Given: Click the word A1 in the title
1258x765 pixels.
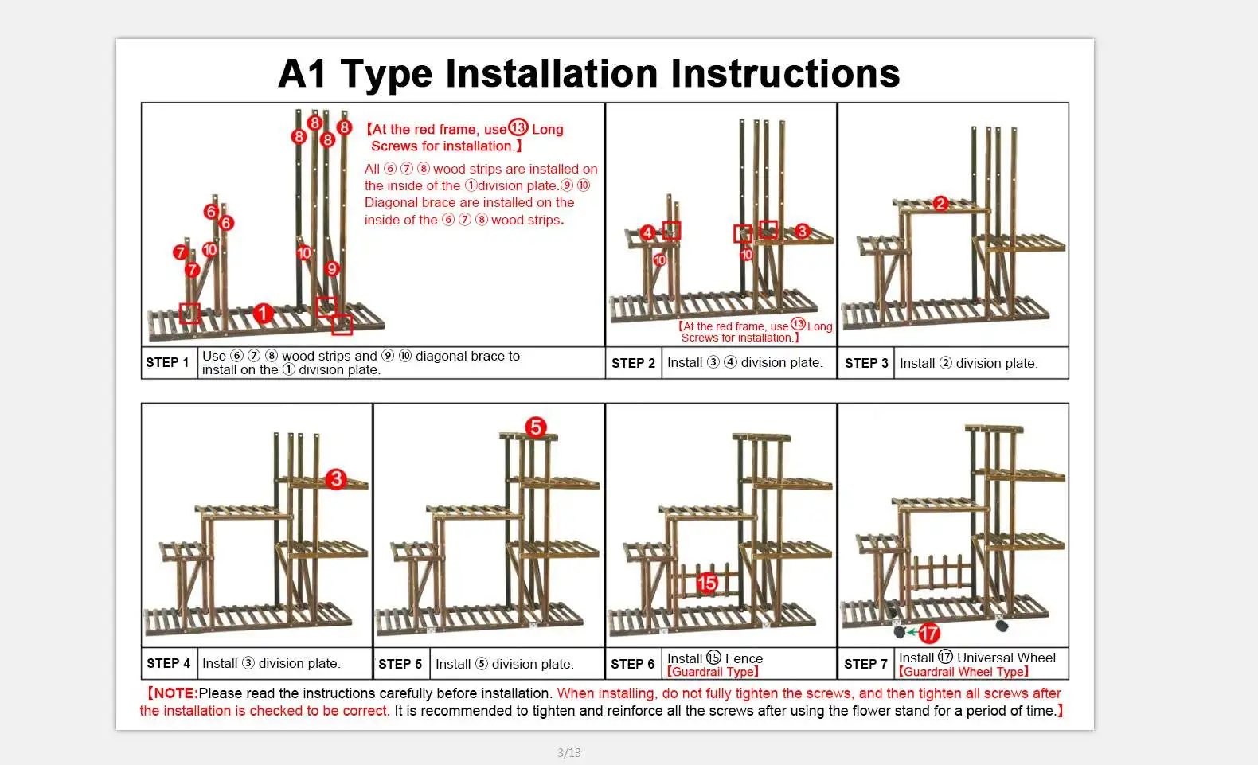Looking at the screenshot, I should click(x=303, y=74).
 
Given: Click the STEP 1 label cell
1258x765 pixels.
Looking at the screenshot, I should click(x=168, y=363).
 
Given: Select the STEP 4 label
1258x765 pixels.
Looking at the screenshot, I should click(x=169, y=663).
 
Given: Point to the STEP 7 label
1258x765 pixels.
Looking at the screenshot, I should click(x=865, y=664).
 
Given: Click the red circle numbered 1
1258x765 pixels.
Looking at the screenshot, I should click(x=263, y=314).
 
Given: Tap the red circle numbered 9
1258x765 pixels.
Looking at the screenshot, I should click(x=332, y=268).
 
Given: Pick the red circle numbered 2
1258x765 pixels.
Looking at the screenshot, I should click(x=940, y=203).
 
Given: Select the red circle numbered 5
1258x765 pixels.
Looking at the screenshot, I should click(x=536, y=427).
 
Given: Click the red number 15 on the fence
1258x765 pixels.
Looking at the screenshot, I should click(x=707, y=584).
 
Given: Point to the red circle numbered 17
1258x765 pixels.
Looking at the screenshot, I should click(x=929, y=633).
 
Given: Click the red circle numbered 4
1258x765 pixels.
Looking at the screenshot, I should click(x=647, y=232).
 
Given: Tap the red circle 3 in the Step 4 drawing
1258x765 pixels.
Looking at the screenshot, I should click(x=336, y=478).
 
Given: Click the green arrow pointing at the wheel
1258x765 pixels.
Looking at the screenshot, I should click(x=912, y=633).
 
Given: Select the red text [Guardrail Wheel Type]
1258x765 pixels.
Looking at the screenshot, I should click(x=963, y=672).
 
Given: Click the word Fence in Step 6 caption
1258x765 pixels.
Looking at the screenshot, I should click(x=744, y=658).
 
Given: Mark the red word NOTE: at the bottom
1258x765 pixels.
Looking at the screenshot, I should click(x=174, y=693).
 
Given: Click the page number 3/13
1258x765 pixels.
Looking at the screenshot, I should click(x=569, y=752).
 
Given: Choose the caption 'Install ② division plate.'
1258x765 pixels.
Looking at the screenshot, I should click(x=968, y=363).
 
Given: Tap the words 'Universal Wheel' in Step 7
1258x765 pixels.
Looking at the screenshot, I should click(x=1006, y=658).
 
